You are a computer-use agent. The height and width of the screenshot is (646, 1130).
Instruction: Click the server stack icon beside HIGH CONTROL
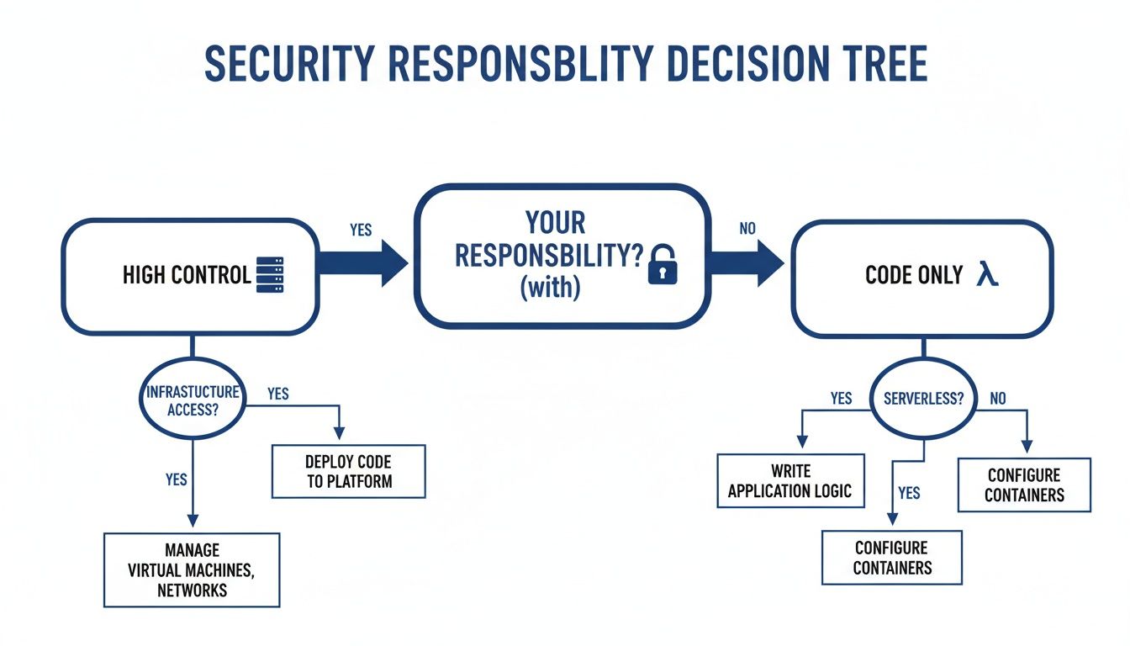pyautogui.click(x=274, y=275)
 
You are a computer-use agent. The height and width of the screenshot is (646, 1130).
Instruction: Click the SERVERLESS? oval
pyautogui.click(x=923, y=400)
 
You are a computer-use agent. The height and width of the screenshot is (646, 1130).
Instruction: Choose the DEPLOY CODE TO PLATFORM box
pyautogui.click(x=349, y=472)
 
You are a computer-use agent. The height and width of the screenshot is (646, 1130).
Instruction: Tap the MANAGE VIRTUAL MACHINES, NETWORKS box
pyautogui.click(x=192, y=569)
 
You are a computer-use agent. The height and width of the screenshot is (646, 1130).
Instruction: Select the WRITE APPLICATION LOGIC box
pyautogui.click(x=790, y=481)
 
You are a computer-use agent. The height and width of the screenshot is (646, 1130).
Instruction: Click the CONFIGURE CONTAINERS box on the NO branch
pyautogui.click(x=1024, y=485)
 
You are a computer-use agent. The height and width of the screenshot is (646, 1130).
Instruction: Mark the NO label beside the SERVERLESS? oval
pyautogui.click(x=997, y=399)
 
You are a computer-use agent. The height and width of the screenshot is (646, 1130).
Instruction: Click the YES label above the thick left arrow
pyautogui.click(x=361, y=230)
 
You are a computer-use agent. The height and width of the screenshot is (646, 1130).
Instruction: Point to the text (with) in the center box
pyautogui.click(x=551, y=287)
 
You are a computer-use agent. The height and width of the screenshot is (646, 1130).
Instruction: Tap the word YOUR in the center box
pyautogui.click(x=555, y=224)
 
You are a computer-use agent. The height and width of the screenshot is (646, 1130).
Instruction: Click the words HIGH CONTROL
pyautogui.click(x=186, y=275)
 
